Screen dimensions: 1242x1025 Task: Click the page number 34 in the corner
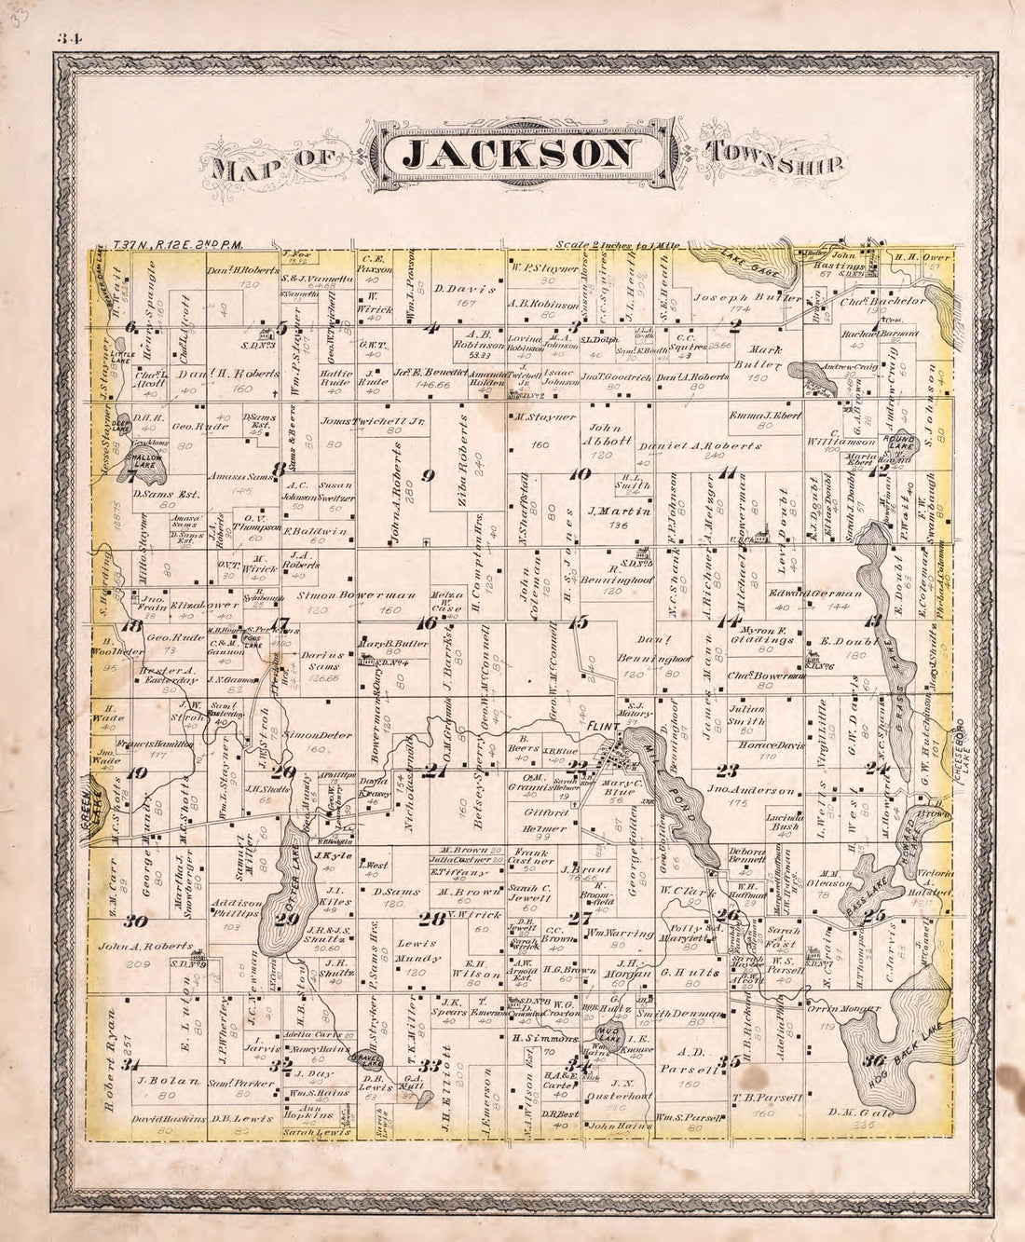click(x=69, y=38)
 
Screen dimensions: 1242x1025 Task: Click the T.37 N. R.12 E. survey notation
click(x=177, y=246)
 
